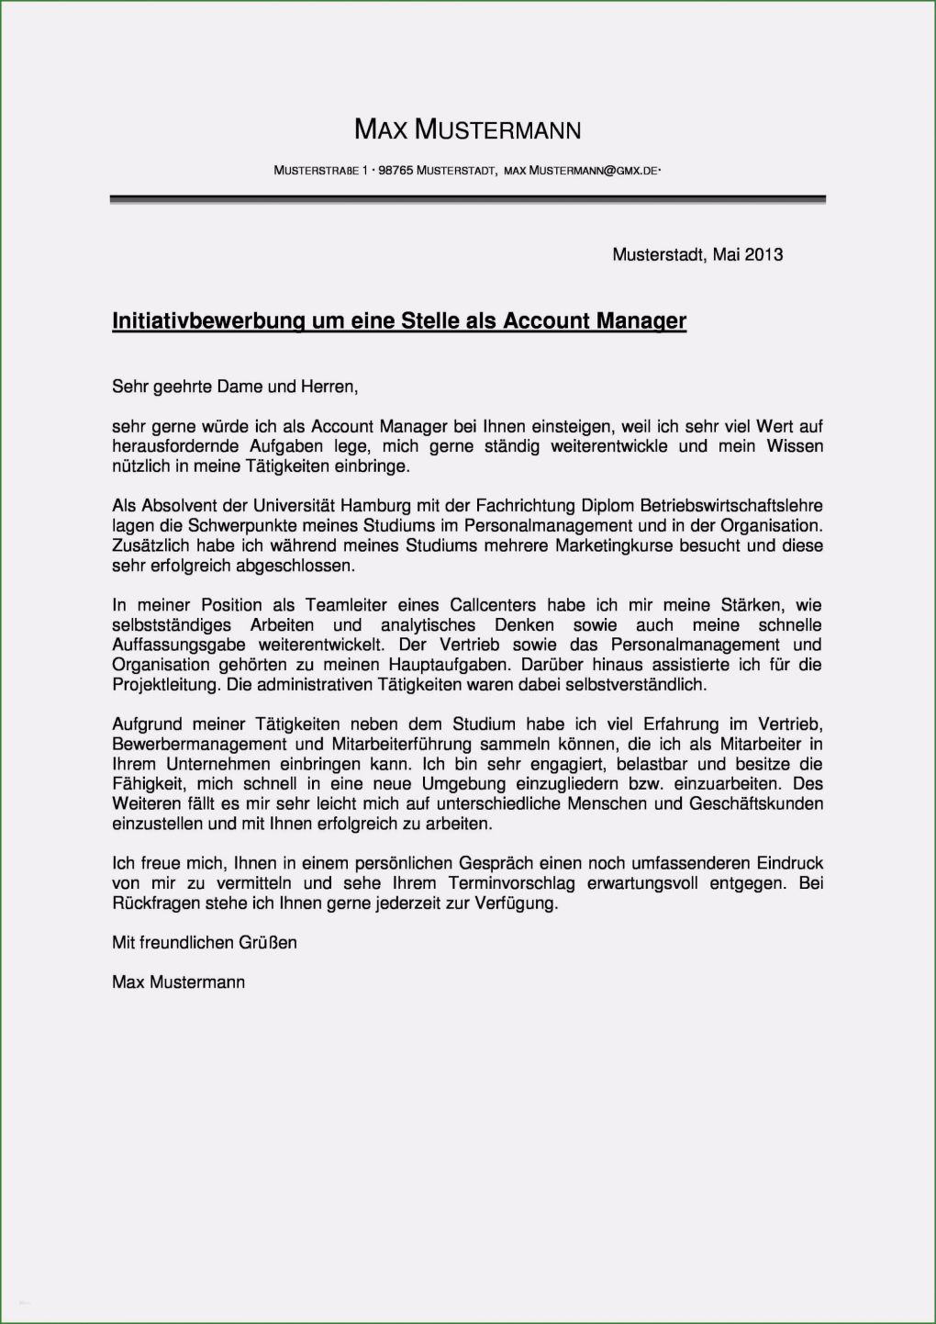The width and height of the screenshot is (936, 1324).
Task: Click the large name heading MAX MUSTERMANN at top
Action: pyautogui.click(x=467, y=130)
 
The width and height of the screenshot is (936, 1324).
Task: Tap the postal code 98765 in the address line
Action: pyautogui.click(x=396, y=171)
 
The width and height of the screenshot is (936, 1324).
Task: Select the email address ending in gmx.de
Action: pyautogui.click(x=582, y=171)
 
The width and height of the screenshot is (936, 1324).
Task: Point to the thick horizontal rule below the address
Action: pyautogui.click(x=467, y=199)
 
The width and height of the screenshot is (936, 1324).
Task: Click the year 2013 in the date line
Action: pyautogui.click(x=763, y=254)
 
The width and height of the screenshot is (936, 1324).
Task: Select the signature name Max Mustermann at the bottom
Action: pyautogui.click(x=178, y=982)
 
